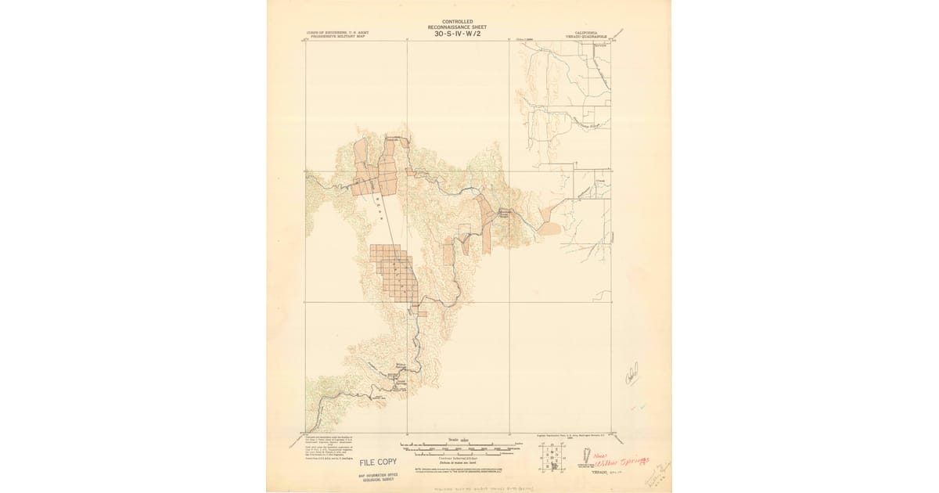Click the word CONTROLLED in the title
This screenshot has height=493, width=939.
[457, 22]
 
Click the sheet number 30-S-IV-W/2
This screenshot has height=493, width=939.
[457, 34]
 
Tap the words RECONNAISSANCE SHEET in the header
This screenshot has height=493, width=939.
[457, 27]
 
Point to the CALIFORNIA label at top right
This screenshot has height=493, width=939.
[585, 32]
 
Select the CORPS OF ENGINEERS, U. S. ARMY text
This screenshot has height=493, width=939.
[336, 33]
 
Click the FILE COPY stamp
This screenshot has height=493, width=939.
[378, 462]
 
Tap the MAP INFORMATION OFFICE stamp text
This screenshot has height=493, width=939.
[378, 475]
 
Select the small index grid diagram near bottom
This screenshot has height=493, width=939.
[552, 456]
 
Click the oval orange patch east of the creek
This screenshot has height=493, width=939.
[550, 229]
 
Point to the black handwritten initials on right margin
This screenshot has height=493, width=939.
[631, 373]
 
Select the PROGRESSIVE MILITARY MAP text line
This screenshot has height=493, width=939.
[336, 37]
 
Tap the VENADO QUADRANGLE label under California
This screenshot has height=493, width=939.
[585, 36]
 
